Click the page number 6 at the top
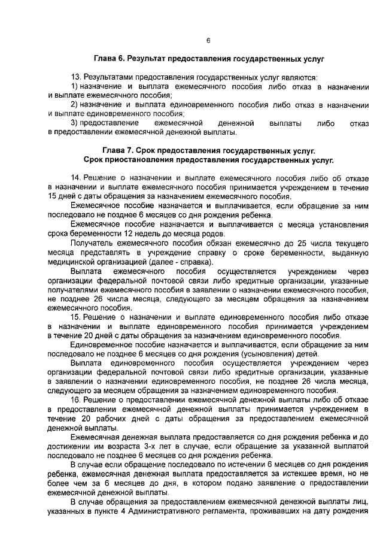pos(208,41)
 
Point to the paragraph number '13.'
pos(76,78)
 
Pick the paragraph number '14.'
pos(76,178)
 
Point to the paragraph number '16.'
pos(76,399)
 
